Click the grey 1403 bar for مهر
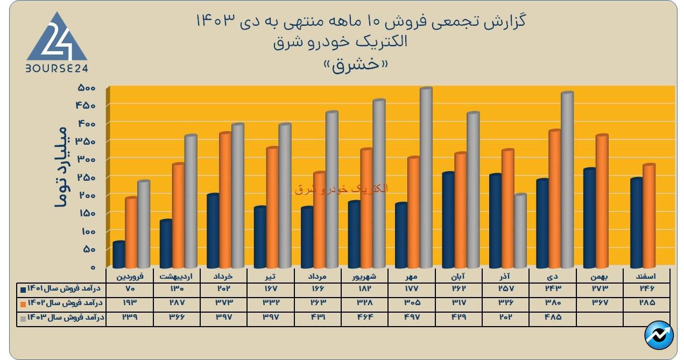pos(426,178)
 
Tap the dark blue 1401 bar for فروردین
pos(119,254)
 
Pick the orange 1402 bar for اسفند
pos(649,215)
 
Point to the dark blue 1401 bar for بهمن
pos(590,217)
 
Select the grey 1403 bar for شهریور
pos(379,183)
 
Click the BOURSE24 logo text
pos(57,68)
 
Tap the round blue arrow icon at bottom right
pos(659,336)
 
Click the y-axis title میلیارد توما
pos(60,167)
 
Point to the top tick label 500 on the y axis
pos(86,88)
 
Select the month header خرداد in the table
pos(223,276)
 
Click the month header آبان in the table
pos(459,276)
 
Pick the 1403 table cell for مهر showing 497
pos(412,317)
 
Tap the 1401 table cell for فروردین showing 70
pos(129,290)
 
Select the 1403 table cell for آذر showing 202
pos(506,317)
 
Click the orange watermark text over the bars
pos(341,189)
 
